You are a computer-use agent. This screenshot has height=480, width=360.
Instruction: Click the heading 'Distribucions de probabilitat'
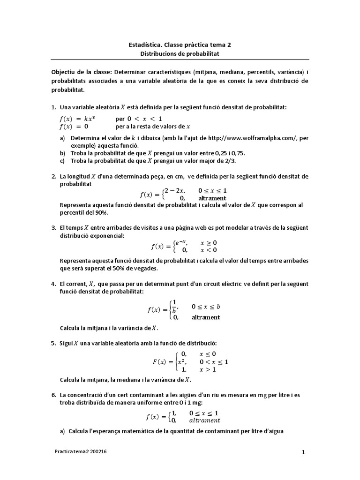(180, 54)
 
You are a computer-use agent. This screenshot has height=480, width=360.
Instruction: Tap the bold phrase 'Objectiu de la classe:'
(81, 73)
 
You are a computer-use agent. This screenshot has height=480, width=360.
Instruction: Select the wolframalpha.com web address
(253, 138)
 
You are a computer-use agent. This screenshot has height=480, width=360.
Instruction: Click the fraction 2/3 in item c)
(231, 160)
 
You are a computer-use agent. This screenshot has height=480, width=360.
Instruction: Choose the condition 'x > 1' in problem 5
(208, 369)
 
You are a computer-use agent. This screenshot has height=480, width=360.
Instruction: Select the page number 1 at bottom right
(303, 452)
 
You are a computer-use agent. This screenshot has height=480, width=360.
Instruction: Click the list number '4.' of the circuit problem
(53, 284)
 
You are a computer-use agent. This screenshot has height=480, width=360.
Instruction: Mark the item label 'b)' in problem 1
(62, 153)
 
